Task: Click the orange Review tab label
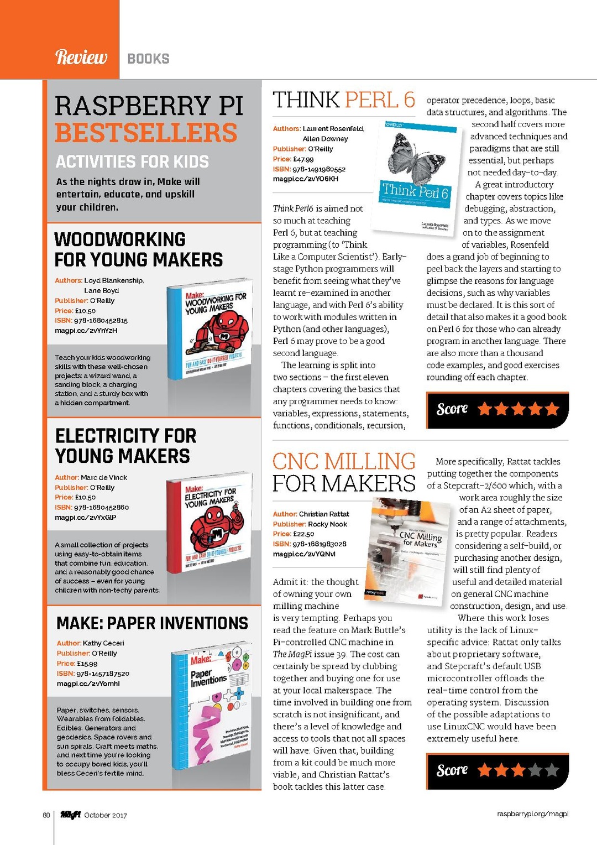point(81,57)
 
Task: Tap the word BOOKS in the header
point(148,59)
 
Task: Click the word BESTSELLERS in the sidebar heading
point(146,133)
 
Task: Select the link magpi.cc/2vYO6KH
point(305,179)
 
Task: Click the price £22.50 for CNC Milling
point(303,534)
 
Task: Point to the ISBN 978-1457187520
point(102,674)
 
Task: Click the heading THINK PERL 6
point(343,100)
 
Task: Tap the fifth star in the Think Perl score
point(552,409)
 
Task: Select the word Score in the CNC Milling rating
point(452,770)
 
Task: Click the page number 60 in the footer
point(46,815)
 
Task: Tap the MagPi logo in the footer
point(71,815)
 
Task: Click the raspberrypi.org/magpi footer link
point(532,814)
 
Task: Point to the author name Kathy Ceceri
point(103,643)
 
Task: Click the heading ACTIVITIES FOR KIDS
point(132,161)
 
